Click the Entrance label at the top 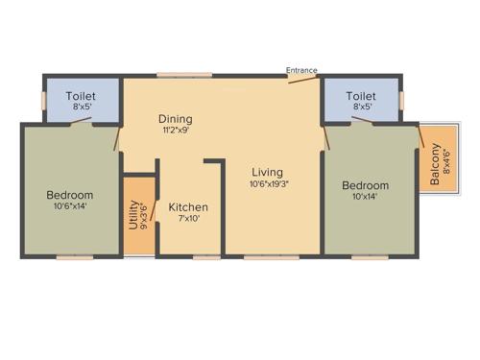pyautogui.click(x=301, y=69)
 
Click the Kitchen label pyautogui.click(x=188, y=207)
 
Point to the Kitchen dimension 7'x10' pyautogui.click(x=188, y=218)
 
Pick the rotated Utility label pyautogui.click(x=134, y=213)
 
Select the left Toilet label pyautogui.click(x=80, y=97)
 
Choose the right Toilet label pyautogui.click(x=360, y=97)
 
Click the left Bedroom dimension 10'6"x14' pyautogui.click(x=70, y=204)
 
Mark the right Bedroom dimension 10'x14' pyautogui.click(x=366, y=196)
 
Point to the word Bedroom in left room pyautogui.click(x=70, y=194)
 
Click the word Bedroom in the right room pyautogui.click(x=366, y=185)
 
